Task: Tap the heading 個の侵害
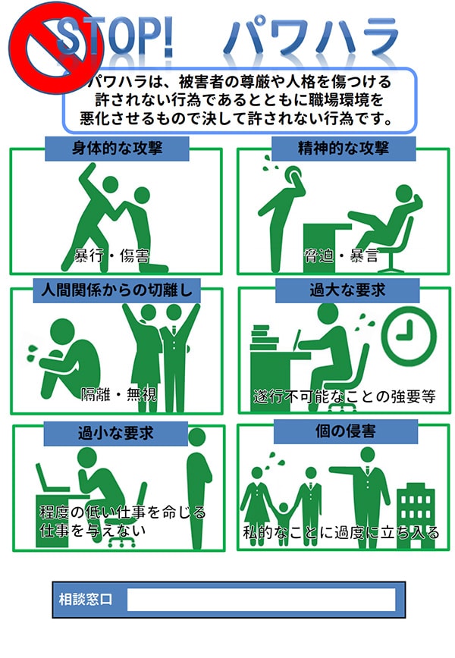345,431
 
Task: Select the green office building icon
416,503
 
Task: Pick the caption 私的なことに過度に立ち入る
340,533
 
